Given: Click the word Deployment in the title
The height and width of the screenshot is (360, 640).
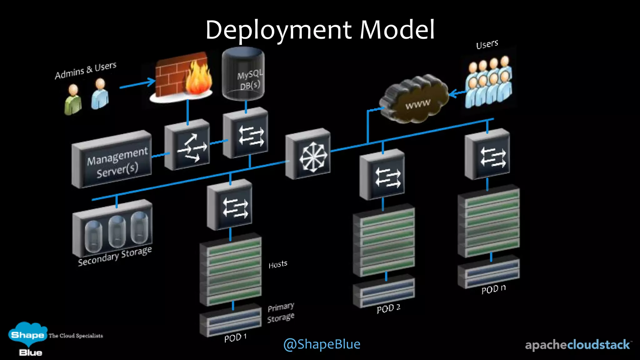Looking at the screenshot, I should pos(278,30).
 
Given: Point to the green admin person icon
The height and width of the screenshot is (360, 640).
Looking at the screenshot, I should pos(73,100).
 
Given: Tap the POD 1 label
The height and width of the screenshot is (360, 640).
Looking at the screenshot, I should pos(235,337).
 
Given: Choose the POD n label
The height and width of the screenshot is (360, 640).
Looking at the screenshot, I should pos(493,289).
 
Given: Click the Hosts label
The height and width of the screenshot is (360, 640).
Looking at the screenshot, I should pos(278,264).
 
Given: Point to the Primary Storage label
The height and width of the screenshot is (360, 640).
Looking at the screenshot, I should pos(281,312).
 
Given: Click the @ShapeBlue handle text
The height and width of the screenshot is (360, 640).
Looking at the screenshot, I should pos(322,344).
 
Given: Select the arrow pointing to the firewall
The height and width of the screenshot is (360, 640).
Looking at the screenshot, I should pos(137,84).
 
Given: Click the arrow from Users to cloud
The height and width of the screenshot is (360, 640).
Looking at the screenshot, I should pos(457,93).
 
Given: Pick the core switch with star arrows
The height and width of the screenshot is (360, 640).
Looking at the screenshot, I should pos(308,154).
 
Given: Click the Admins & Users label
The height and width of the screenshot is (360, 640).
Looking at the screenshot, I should pos(85,70).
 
